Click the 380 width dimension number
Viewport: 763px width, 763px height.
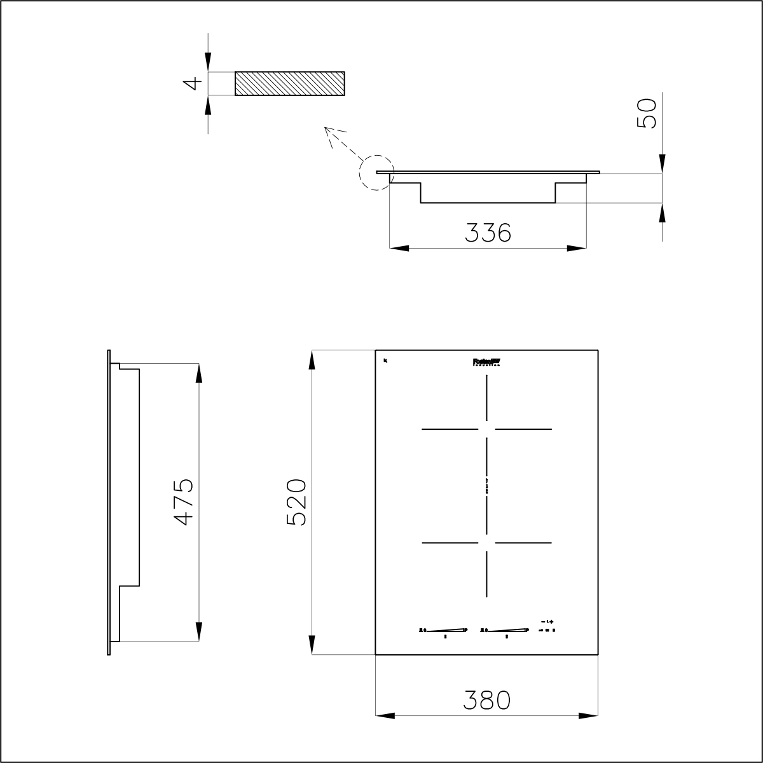click(487, 700)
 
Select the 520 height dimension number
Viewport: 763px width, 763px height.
click(297, 502)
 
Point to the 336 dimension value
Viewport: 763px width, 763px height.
click(488, 233)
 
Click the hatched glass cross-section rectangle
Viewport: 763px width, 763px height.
click(290, 83)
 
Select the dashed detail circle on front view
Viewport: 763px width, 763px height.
click(376, 172)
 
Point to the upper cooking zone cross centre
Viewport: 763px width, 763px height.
click(487, 429)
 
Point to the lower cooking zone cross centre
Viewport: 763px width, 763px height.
click(487, 542)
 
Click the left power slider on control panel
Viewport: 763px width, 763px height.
click(444, 630)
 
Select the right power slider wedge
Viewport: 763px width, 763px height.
click(506, 630)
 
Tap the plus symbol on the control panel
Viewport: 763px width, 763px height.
click(552, 621)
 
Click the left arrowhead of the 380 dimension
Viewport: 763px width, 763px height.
click(385, 716)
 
